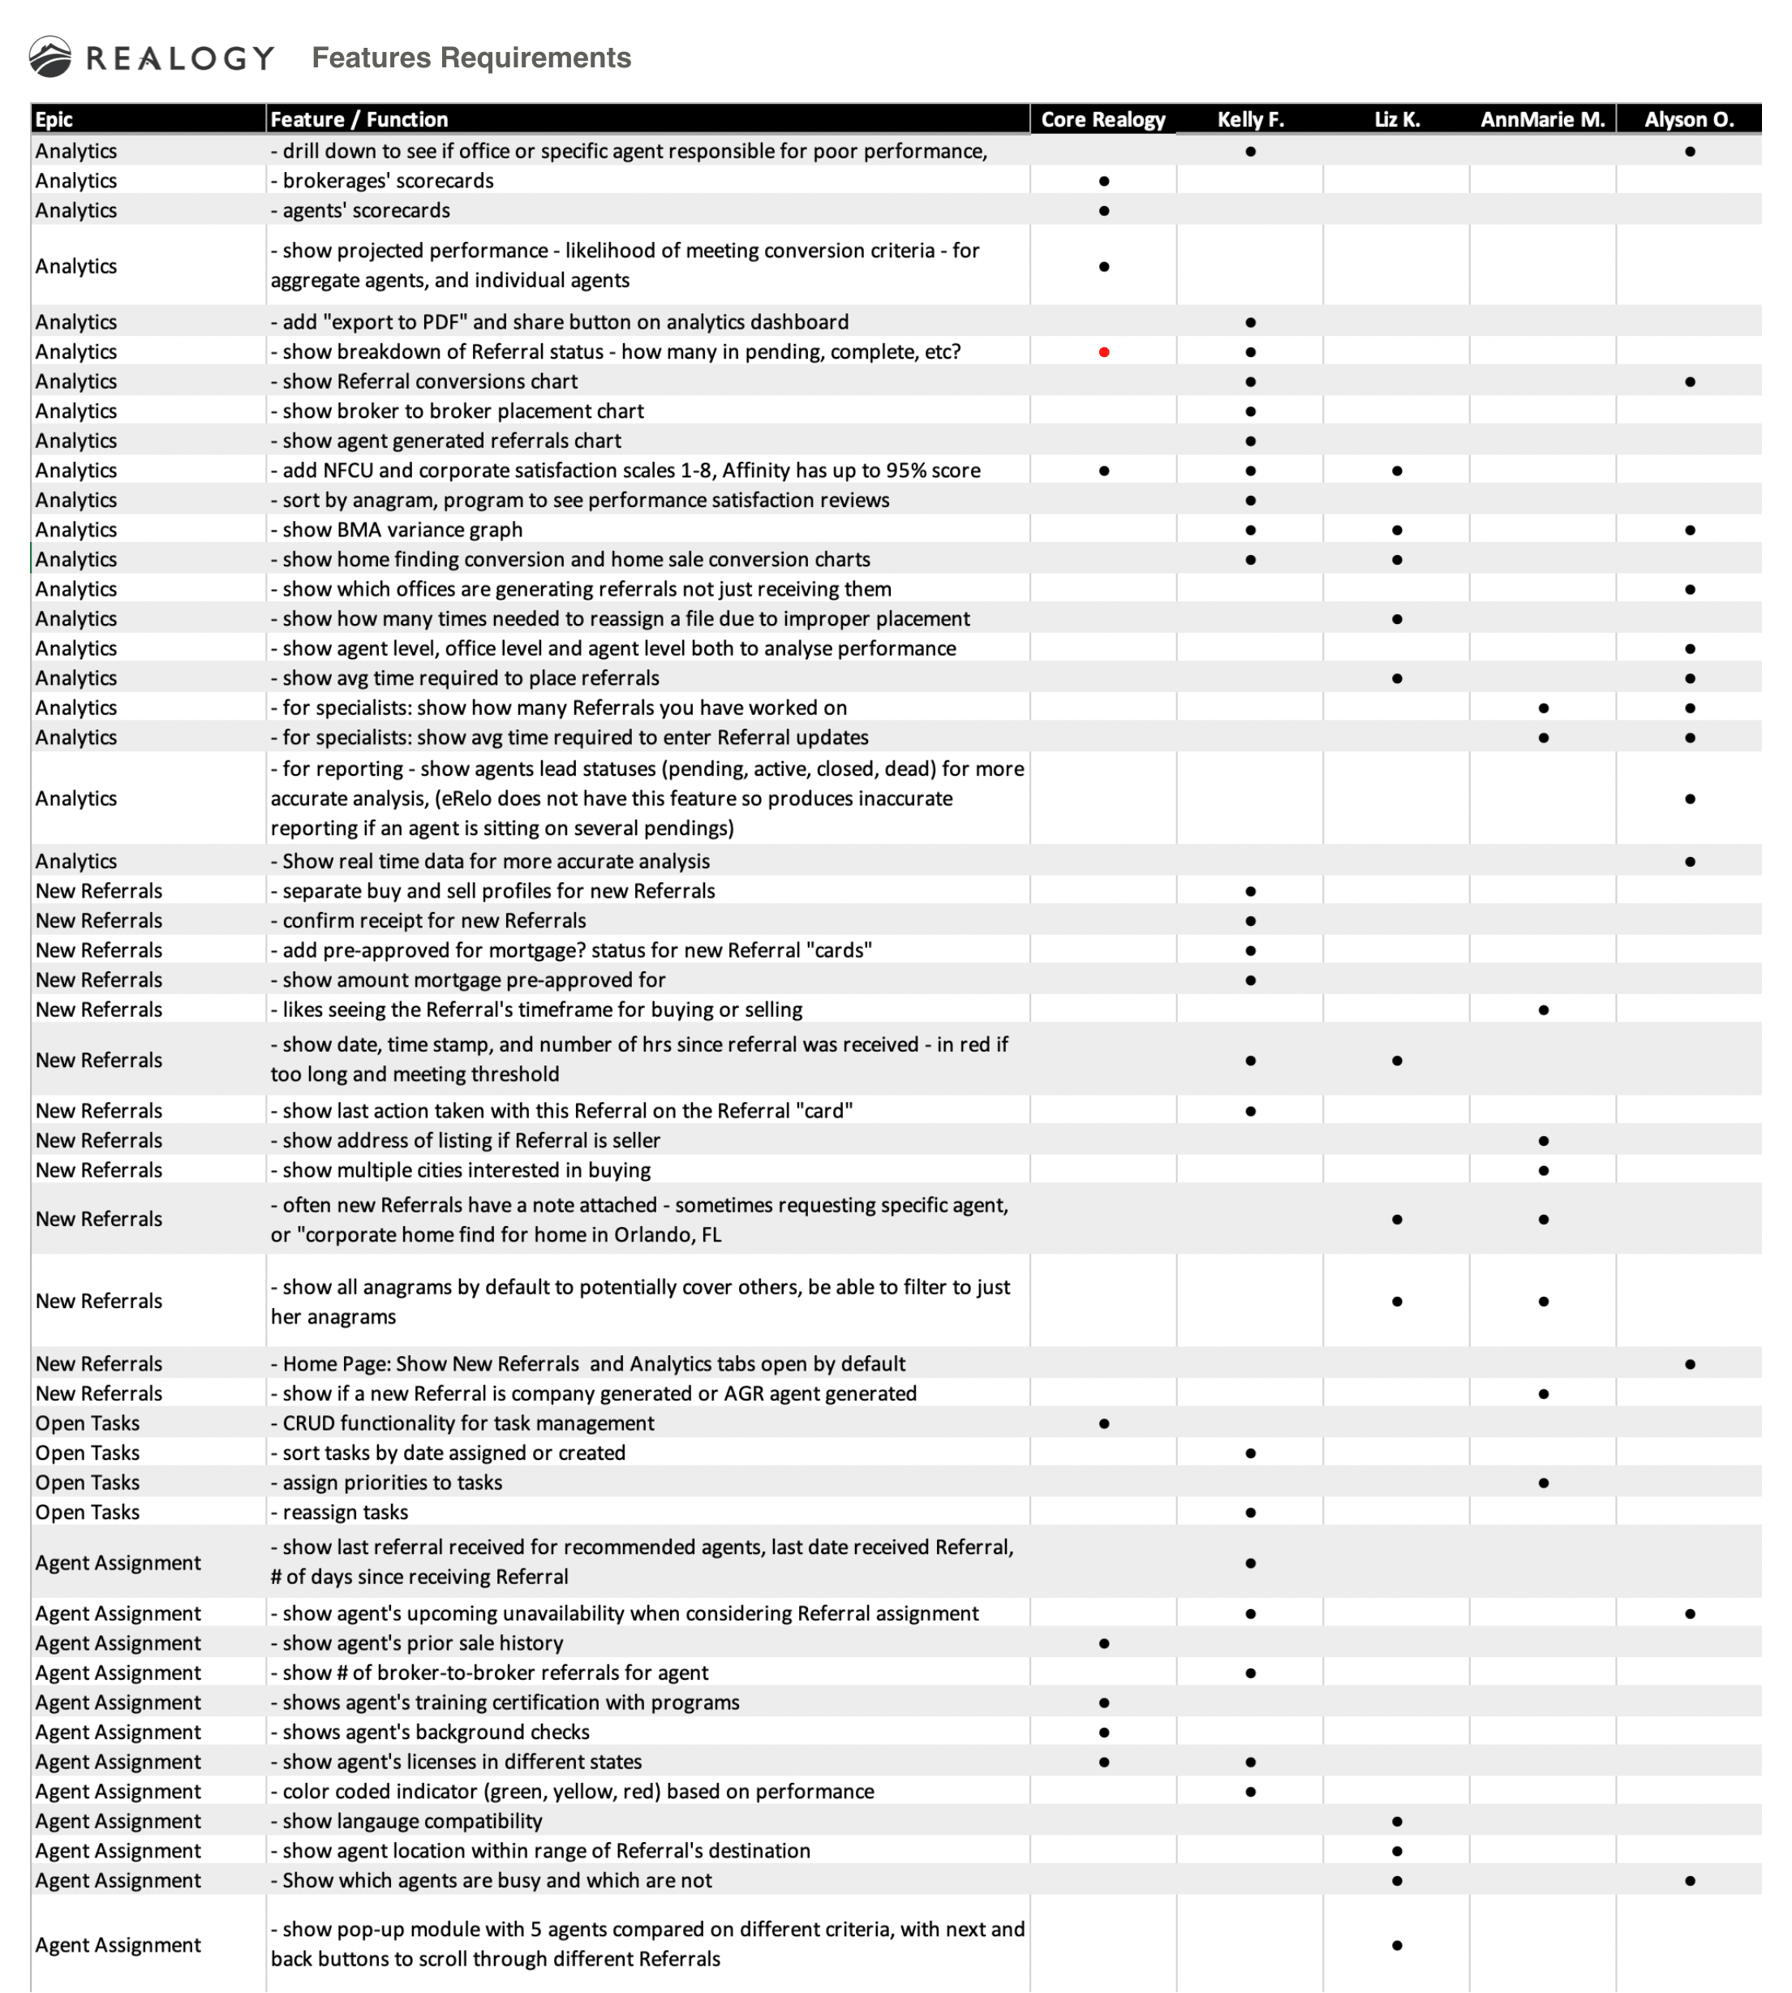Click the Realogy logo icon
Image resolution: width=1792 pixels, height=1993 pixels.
tap(49, 57)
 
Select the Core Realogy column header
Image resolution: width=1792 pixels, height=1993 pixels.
tap(1102, 119)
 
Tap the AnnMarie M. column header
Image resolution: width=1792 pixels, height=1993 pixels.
tap(1542, 119)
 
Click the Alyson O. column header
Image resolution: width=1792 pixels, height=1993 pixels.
tap(1689, 119)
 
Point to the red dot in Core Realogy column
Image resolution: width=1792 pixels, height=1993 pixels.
tap(1104, 352)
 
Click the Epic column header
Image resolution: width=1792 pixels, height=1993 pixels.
tap(54, 119)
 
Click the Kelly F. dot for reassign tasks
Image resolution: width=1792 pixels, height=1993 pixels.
tap(1250, 1513)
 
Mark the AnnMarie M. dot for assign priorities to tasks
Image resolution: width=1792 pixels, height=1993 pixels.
tap(1543, 1483)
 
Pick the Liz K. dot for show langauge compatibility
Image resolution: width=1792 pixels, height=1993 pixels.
tap(1397, 1822)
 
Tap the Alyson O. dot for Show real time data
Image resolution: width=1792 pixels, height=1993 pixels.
tap(1690, 862)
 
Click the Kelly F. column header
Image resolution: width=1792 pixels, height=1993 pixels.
tap(1250, 119)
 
